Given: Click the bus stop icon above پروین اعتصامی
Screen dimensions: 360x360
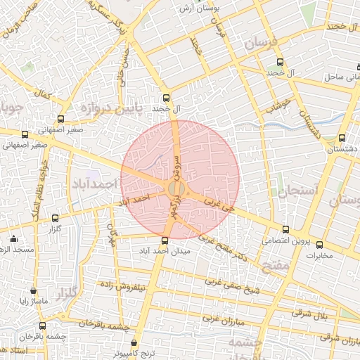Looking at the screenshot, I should [285, 229].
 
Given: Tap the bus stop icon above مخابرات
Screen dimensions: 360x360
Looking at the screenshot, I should [320, 245].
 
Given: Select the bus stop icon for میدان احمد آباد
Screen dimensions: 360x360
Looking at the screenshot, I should [165, 240].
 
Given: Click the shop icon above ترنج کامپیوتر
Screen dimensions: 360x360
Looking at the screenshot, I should [134, 342].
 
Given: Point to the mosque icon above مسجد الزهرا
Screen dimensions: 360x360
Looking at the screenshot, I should [14, 239].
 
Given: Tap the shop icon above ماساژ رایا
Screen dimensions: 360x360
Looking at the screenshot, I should [33, 290].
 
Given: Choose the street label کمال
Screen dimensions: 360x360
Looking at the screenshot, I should [46, 93].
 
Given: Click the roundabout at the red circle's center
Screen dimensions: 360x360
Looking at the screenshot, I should [177, 188].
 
